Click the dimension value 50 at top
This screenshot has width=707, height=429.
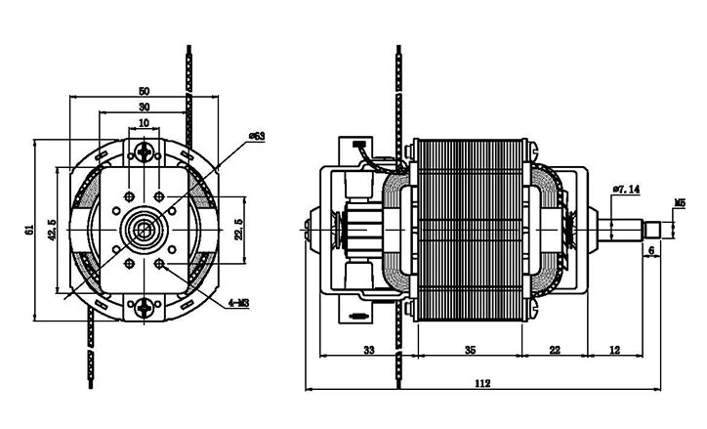coord(145,91)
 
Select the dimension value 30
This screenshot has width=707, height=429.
coord(145,107)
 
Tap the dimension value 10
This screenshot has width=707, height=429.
coord(145,123)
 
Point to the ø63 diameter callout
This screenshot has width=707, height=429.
coord(258,136)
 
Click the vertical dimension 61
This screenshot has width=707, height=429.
coord(29,230)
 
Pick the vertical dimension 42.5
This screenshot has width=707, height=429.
coord(51,230)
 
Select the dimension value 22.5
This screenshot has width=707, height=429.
coord(239,231)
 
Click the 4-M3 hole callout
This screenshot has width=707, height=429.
coord(238,304)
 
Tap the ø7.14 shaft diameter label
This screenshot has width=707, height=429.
coord(625,189)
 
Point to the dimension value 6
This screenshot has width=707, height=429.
coord(651,249)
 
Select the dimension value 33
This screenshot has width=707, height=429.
coord(369,350)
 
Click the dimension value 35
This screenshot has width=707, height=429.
coord(470,350)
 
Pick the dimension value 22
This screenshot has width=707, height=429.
coord(555,350)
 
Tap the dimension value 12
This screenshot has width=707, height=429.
coord(614,350)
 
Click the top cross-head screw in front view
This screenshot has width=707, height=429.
coord(146,152)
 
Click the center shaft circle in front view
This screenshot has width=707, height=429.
coord(146,231)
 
